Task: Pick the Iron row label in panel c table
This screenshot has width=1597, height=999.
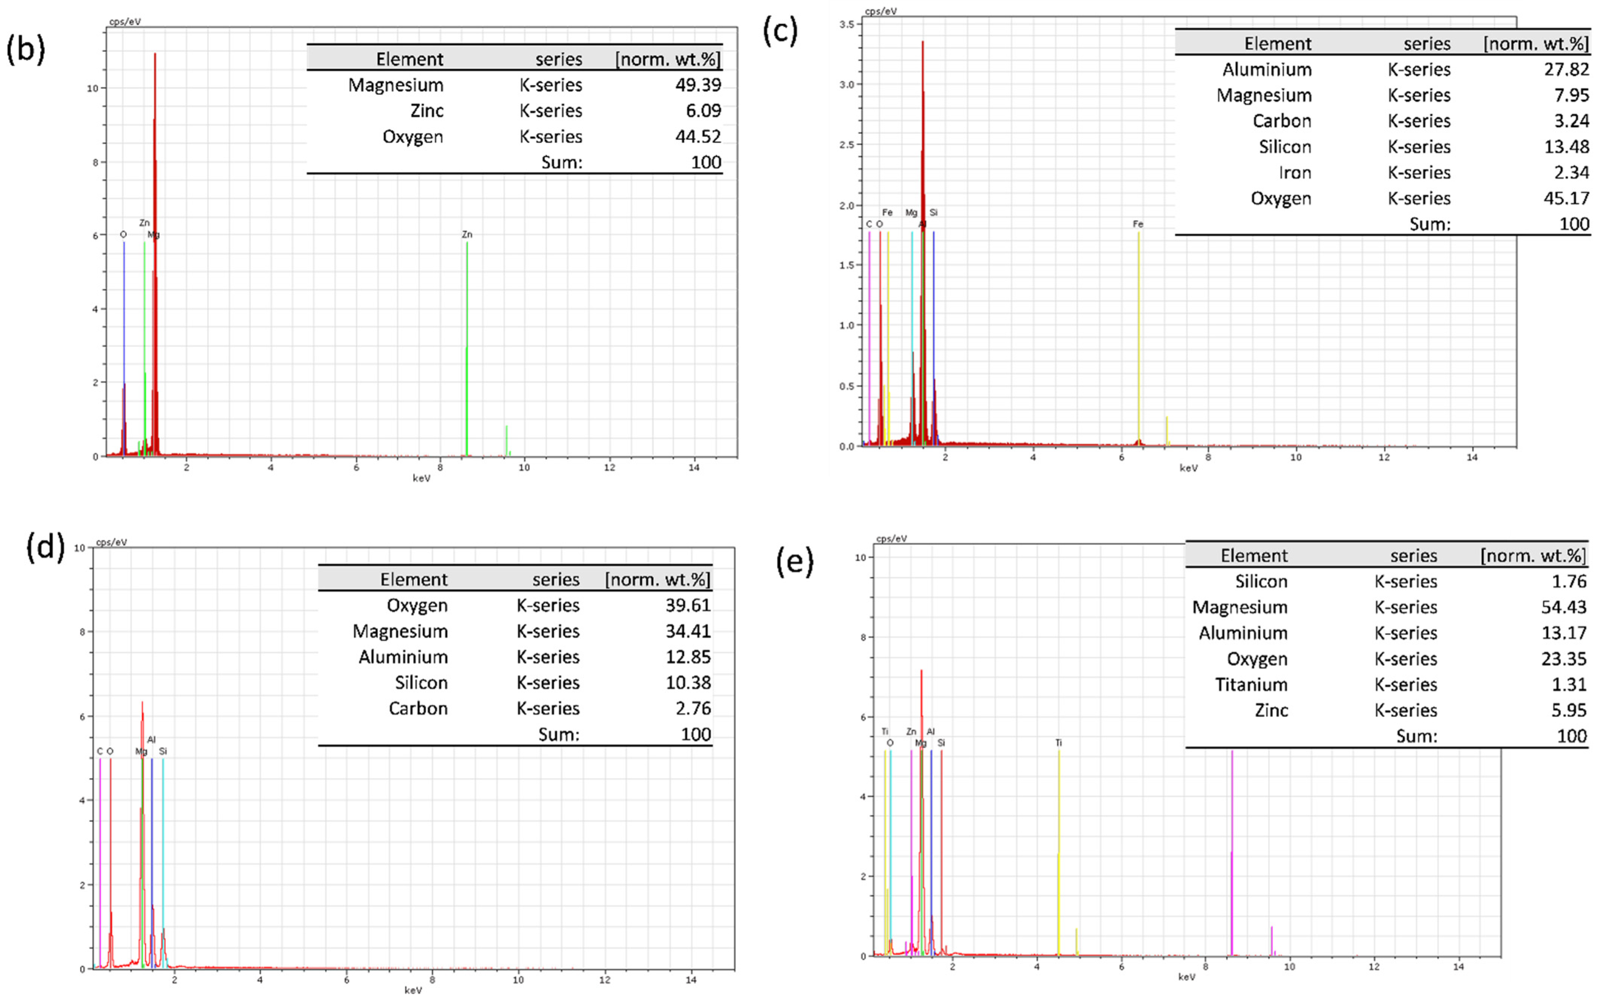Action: [x=1294, y=173]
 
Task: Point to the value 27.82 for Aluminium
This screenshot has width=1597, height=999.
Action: [x=1566, y=70]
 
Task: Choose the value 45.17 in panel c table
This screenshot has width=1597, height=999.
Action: [x=1566, y=198]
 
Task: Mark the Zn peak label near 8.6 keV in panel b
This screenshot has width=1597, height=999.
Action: [x=467, y=235]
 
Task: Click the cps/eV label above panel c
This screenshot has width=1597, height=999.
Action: [x=880, y=11]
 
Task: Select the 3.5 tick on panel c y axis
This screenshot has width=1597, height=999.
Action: [x=847, y=24]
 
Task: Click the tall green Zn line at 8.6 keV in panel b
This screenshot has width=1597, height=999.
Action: [x=467, y=344]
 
